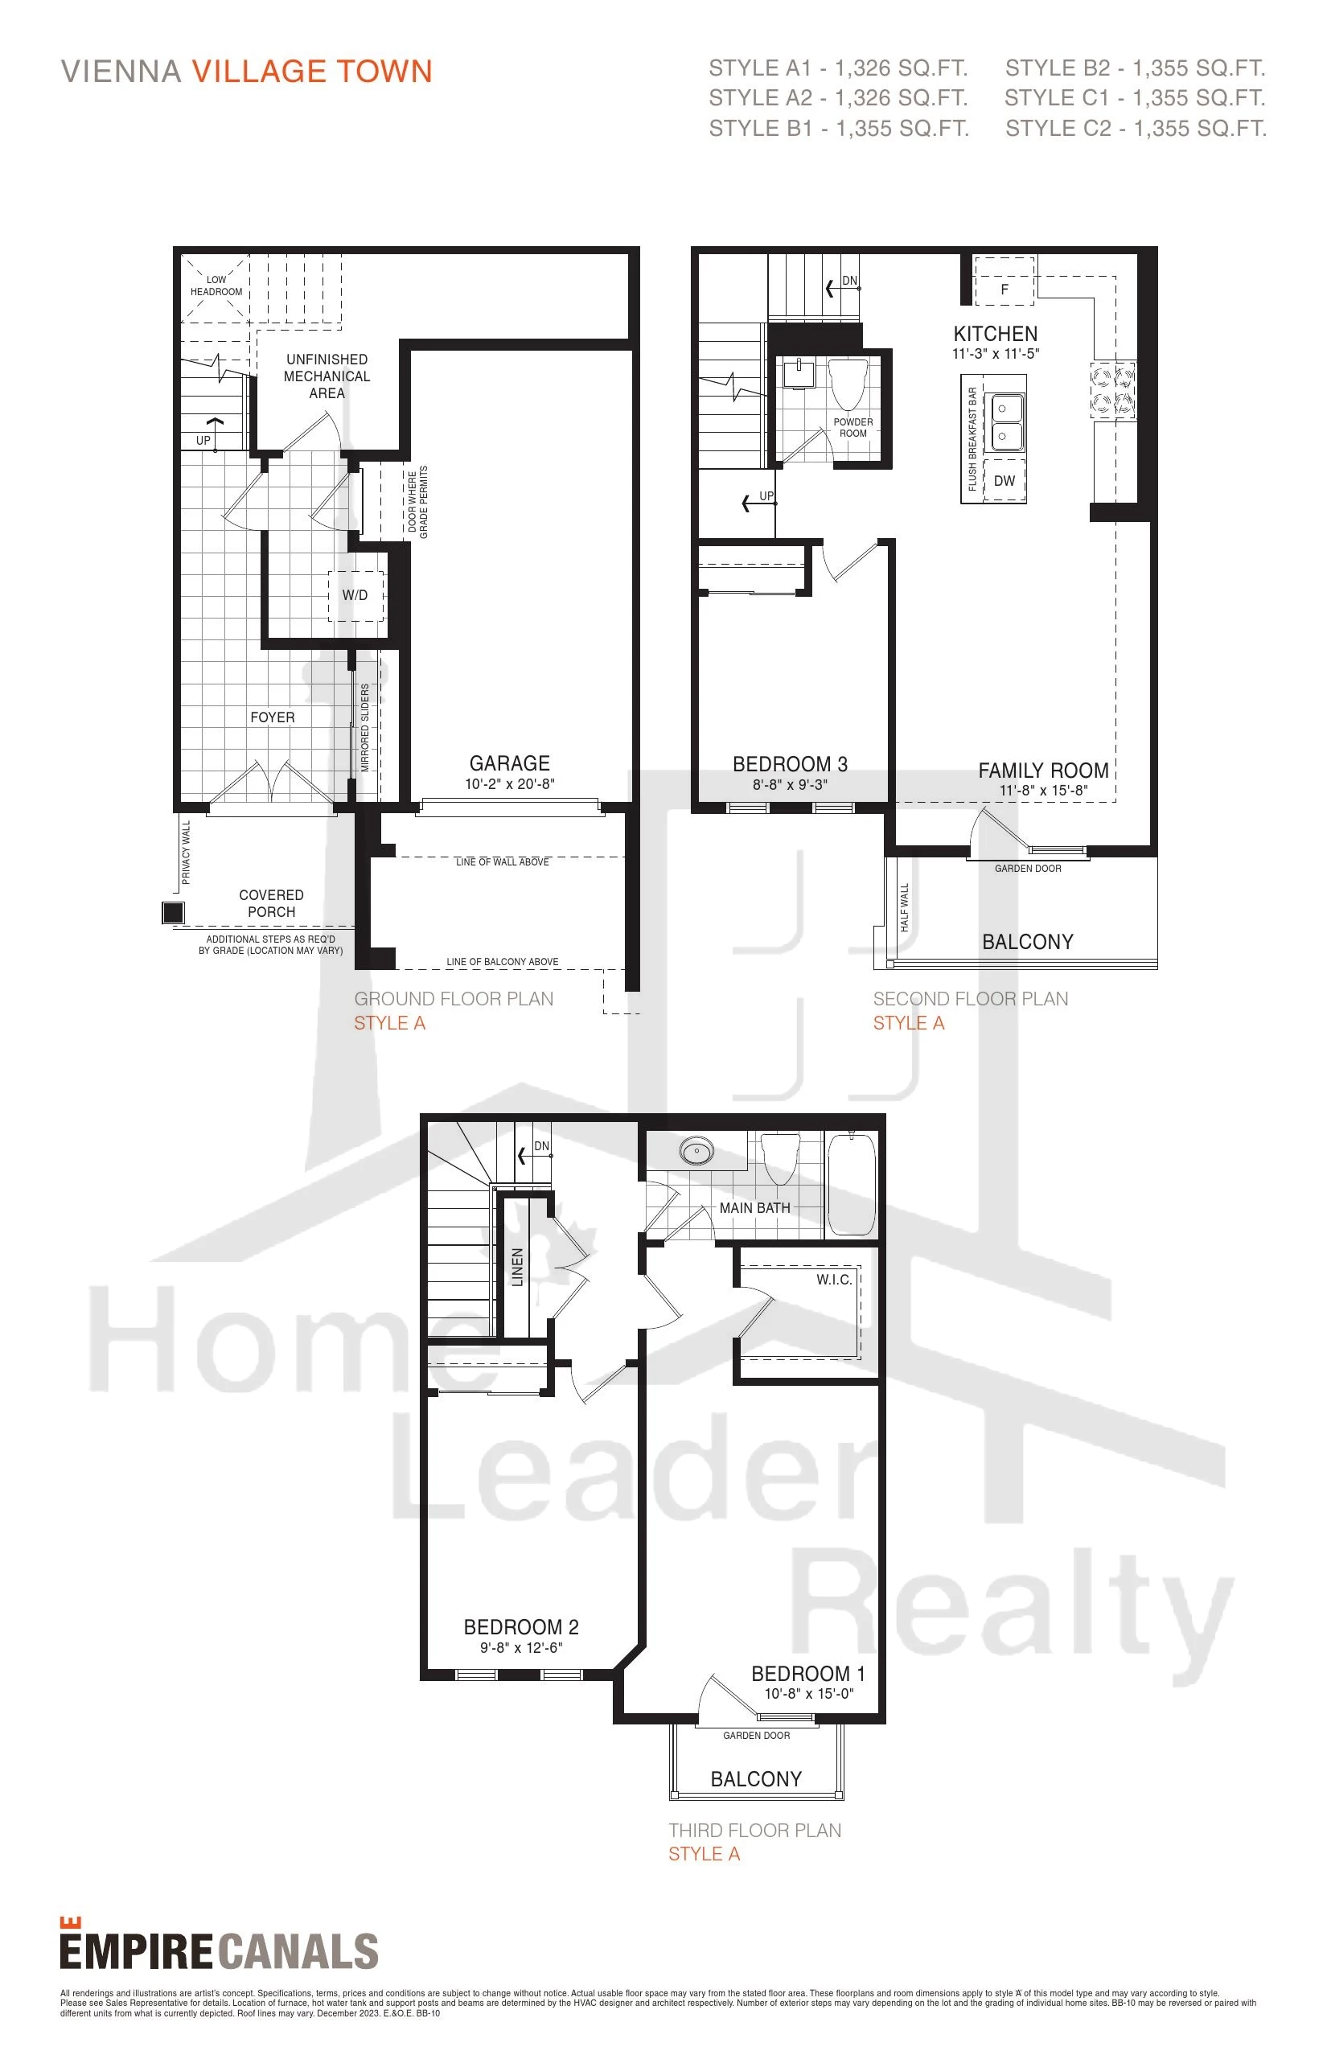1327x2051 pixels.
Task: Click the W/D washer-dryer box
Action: click(x=355, y=595)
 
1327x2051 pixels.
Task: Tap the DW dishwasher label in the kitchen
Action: click(x=1004, y=481)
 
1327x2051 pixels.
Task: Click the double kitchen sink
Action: click(x=1004, y=422)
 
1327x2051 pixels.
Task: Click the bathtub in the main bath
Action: click(x=851, y=1185)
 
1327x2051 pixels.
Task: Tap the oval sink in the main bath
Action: click(x=696, y=1150)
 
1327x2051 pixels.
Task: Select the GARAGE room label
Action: click(x=509, y=763)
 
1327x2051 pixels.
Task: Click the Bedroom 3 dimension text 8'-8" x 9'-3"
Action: click(x=789, y=785)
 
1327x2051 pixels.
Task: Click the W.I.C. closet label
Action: click(x=834, y=1280)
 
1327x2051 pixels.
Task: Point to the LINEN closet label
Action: click(x=517, y=1267)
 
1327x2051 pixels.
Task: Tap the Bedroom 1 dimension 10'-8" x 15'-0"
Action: click(x=808, y=1693)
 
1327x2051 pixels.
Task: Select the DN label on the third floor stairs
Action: click(x=541, y=1146)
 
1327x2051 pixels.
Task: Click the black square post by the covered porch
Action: click(x=173, y=912)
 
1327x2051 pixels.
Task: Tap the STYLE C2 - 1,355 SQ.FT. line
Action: click(x=1136, y=129)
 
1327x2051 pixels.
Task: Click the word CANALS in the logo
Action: click(x=299, y=1952)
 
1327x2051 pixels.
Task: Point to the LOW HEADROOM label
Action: click(x=216, y=286)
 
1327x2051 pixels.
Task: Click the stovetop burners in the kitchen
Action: click(x=1112, y=390)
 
